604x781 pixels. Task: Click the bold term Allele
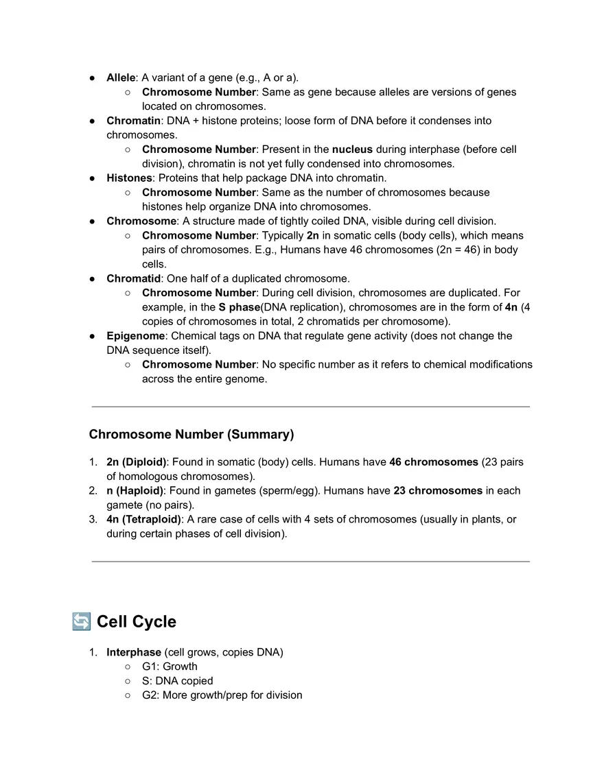[121, 77]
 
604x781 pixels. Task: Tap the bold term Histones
[129, 178]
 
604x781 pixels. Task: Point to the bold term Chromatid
[133, 278]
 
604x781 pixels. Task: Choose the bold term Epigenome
[135, 336]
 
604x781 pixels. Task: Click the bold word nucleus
[352, 149]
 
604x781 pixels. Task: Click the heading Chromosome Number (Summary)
[191, 435]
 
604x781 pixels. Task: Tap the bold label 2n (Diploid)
[136, 462]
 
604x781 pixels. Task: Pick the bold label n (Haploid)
[135, 491]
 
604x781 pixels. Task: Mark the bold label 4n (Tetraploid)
[143, 519]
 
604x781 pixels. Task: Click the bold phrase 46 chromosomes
[433, 462]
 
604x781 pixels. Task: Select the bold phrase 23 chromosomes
[437, 491]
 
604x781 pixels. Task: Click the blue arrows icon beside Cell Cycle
[80, 621]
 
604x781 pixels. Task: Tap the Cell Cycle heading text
[136, 622]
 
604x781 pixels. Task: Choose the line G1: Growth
[170, 666]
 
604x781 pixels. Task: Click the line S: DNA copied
[177, 681]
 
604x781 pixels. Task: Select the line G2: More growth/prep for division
[222, 695]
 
